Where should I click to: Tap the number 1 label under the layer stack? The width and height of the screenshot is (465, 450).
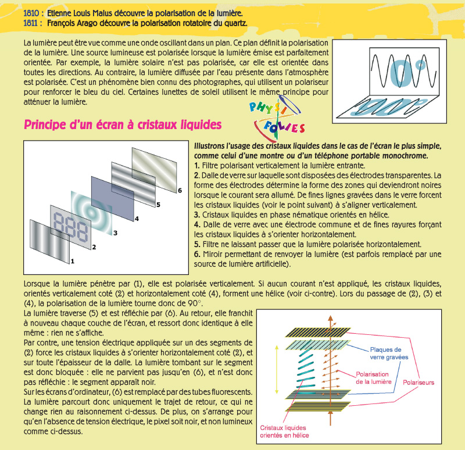click(73, 262)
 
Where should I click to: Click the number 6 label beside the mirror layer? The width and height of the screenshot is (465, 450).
click(180, 190)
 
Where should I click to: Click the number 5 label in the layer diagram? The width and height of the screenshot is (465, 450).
click(158, 205)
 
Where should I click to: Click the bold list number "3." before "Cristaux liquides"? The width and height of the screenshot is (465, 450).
click(197, 215)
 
